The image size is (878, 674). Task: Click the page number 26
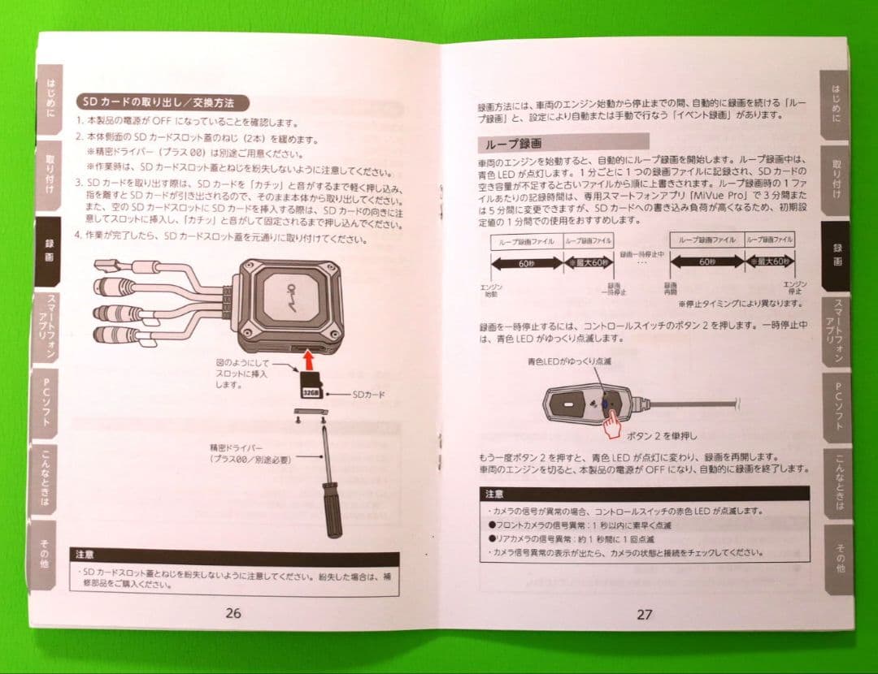pos(233,613)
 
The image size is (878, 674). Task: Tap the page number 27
pos(644,615)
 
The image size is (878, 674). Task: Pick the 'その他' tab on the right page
pos(837,557)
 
